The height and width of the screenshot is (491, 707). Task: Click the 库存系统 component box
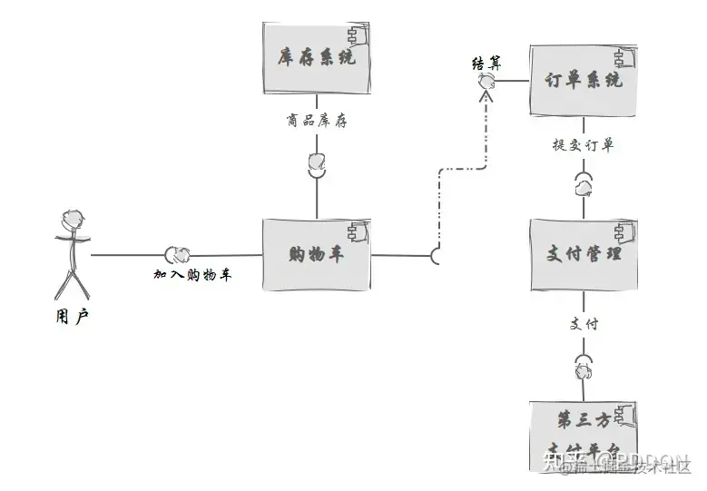coord(316,58)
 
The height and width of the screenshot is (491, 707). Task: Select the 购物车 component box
coord(316,255)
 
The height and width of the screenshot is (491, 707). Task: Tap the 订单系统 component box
coord(584,81)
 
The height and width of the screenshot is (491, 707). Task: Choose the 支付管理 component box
coord(586,255)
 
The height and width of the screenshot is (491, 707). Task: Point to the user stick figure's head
coord(73,221)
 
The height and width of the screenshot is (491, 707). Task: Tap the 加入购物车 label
coord(192,274)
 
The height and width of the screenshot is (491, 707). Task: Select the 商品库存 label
coord(316,121)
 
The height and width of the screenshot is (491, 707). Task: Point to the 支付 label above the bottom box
coord(584,323)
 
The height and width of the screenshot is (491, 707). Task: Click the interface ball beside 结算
coord(486,82)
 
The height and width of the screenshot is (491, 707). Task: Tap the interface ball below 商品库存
coord(317,162)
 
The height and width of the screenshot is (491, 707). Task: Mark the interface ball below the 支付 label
coord(584,368)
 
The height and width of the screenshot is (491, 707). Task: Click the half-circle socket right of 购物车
coord(438,256)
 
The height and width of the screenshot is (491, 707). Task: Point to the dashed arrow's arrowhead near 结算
coord(487,95)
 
